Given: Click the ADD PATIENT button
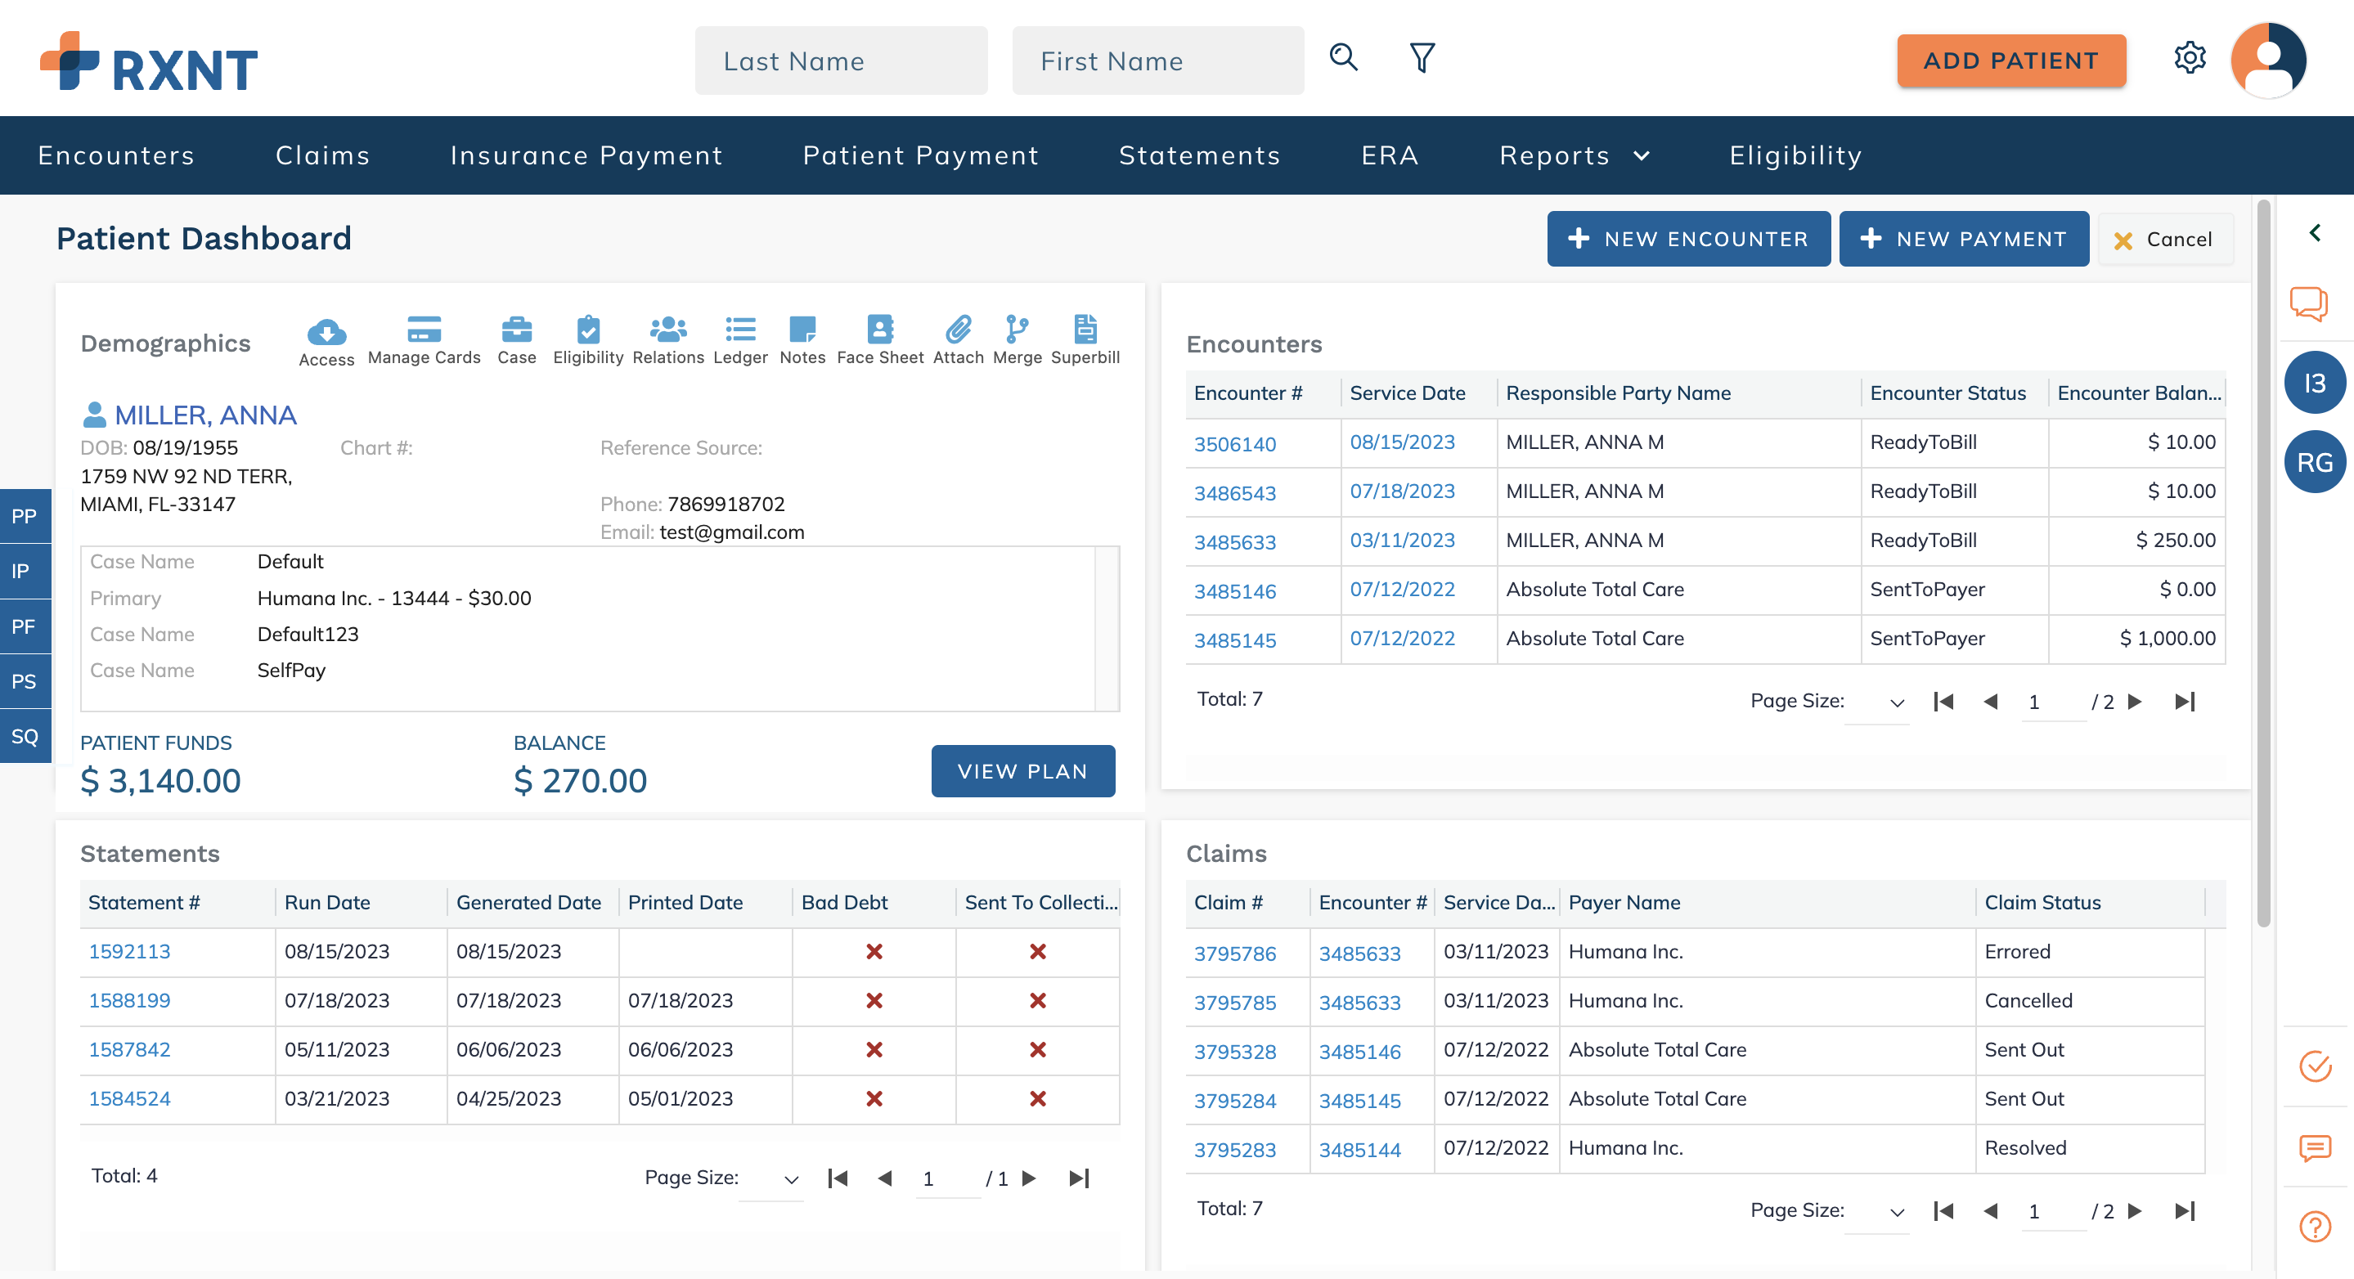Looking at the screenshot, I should [x=2010, y=61].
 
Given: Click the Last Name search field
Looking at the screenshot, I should [x=841, y=61].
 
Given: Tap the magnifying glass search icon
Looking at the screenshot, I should [x=1342, y=57].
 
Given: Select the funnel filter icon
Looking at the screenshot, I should [x=1422, y=57].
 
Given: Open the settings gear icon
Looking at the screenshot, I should [x=2189, y=58].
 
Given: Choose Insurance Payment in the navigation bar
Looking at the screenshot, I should [x=586, y=155].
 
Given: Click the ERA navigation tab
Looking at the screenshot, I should [x=1389, y=155].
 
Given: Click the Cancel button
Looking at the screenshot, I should [x=2164, y=240].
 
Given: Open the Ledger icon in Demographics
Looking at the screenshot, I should [x=740, y=339].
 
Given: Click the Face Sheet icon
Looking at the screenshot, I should [x=879, y=339].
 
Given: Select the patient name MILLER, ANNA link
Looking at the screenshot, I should [x=205, y=415].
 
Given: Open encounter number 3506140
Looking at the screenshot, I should [x=1234, y=444].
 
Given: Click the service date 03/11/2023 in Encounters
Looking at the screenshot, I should [x=1402, y=540].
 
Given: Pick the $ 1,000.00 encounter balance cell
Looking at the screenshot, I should [x=2167, y=639].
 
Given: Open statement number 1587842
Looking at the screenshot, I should [x=130, y=1050].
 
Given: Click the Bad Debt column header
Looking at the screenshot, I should [x=844, y=903].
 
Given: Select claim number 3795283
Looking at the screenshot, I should [x=1234, y=1149].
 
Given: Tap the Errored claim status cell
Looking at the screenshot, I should [x=2017, y=952].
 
